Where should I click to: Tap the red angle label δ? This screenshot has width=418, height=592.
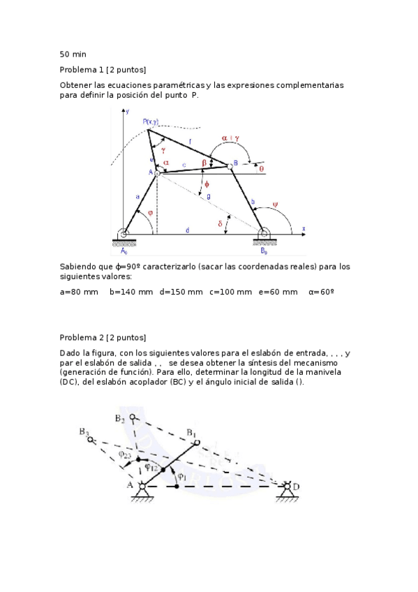[220, 223]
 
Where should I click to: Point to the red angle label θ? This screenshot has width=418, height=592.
[261, 168]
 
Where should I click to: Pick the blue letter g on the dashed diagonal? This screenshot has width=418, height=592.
[208, 196]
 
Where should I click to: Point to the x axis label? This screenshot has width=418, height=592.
[304, 228]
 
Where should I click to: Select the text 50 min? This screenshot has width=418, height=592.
[73, 54]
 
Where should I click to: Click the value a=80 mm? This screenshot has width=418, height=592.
[79, 292]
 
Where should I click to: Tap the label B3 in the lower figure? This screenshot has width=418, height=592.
[84, 432]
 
